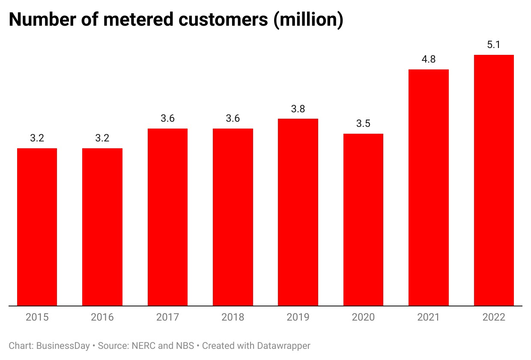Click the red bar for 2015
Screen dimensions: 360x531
coord(37,227)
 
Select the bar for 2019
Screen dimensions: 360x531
coord(298,212)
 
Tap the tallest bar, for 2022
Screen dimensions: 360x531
coord(494,180)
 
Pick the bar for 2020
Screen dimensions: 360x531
coord(363,220)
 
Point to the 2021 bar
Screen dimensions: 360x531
coord(429,188)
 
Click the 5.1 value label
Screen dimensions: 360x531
coord(494,45)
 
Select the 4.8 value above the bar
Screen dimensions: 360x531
coord(429,60)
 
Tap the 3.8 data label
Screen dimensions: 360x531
coord(298,109)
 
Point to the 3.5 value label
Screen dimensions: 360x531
coord(363,124)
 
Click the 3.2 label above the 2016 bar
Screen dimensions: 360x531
coord(102,138)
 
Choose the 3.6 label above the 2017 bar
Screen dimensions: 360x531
coord(167,119)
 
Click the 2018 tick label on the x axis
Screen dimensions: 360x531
coord(233,318)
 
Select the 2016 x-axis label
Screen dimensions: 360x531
coord(102,318)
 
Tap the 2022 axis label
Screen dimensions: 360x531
coord(494,318)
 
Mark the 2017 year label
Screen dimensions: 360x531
coord(167,318)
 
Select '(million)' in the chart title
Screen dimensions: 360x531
coord(309,20)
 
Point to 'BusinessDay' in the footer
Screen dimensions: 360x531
coord(63,345)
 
